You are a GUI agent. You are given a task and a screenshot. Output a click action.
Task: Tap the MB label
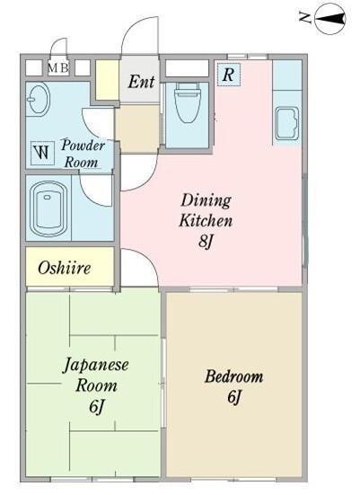coord(58,67)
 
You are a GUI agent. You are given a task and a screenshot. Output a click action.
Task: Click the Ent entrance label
coord(141,82)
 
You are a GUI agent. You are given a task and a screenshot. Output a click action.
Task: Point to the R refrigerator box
coord(229,75)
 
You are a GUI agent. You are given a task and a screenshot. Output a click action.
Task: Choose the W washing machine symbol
coord(41,152)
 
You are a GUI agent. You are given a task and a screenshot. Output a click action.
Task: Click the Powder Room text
coord(83,154)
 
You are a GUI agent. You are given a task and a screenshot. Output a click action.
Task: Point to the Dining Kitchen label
coord(206,209)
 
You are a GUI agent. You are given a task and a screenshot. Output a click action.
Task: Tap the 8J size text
coord(206,241)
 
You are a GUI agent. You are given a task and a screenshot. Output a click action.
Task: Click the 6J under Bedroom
coord(234,396)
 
